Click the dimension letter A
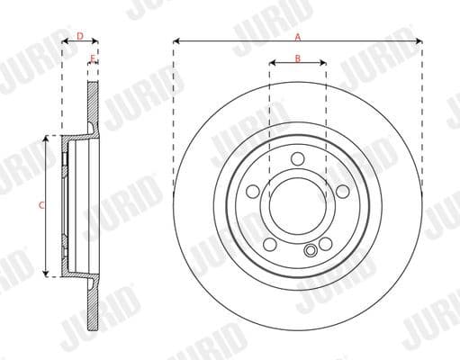point(297,37)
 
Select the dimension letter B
point(297,59)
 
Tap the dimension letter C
point(41,206)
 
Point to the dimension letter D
point(79,37)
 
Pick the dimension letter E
point(93,59)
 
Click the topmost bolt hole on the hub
point(298,160)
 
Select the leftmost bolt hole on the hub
point(253,192)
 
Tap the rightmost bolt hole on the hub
point(342,192)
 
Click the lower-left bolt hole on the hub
point(270,244)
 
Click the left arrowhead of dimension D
point(64,41)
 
